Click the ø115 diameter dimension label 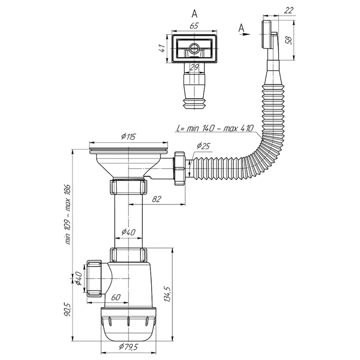click(x=129, y=136)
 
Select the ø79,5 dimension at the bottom click(x=129, y=347)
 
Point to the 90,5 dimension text click(x=68, y=310)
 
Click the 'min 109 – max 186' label click(x=68, y=214)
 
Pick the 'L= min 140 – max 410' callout click(x=215, y=128)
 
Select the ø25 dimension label click(x=203, y=146)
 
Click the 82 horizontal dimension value click(x=156, y=199)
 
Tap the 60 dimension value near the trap click(x=116, y=297)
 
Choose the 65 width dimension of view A click(x=194, y=26)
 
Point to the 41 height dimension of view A click(x=162, y=48)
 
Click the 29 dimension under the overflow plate click(x=194, y=67)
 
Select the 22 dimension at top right click(x=289, y=10)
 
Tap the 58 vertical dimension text click(x=289, y=41)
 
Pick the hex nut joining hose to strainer click(x=180, y=168)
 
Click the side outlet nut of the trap click(x=94, y=278)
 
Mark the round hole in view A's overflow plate click(x=194, y=48)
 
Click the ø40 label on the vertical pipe click(x=129, y=232)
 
